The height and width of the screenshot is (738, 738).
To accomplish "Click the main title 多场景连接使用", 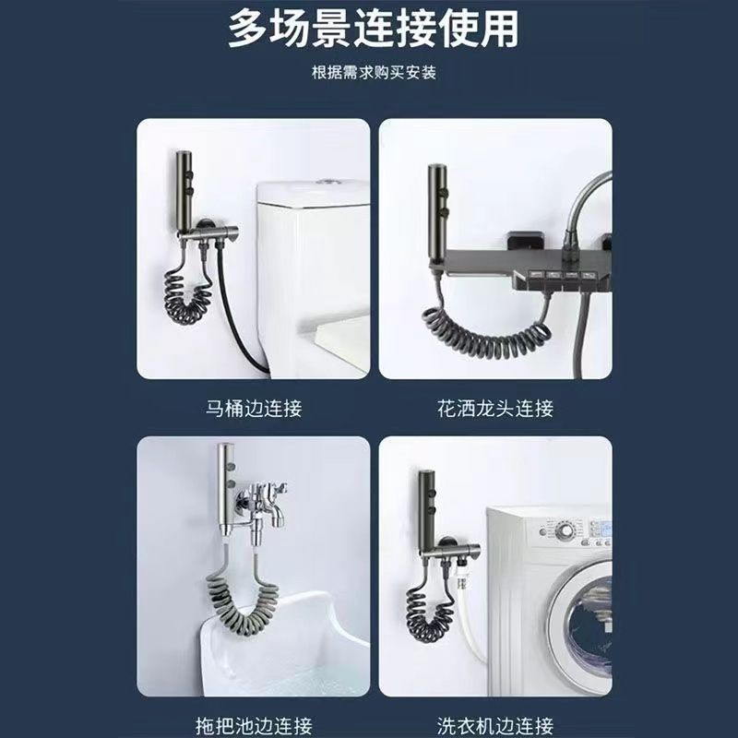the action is tap(374, 29).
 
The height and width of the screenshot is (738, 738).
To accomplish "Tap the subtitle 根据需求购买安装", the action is tap(374, 73).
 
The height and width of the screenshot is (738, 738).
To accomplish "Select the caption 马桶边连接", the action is tap(254, 408).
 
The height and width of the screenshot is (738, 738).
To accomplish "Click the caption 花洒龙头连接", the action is tap(495, 408).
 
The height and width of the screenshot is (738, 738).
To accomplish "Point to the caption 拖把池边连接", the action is tap(254, 725).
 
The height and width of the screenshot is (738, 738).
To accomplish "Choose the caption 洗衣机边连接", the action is tap(495, 725).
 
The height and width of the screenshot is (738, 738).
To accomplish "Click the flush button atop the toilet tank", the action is tap(325, 181).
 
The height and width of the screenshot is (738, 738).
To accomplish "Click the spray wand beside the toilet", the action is tap(184, 191).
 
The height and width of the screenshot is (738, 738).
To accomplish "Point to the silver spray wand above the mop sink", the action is tap(227, 490).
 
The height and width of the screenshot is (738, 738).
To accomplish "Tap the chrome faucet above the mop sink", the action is tap(266, 509).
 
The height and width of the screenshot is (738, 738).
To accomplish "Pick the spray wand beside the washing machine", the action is tap(427, 510).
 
